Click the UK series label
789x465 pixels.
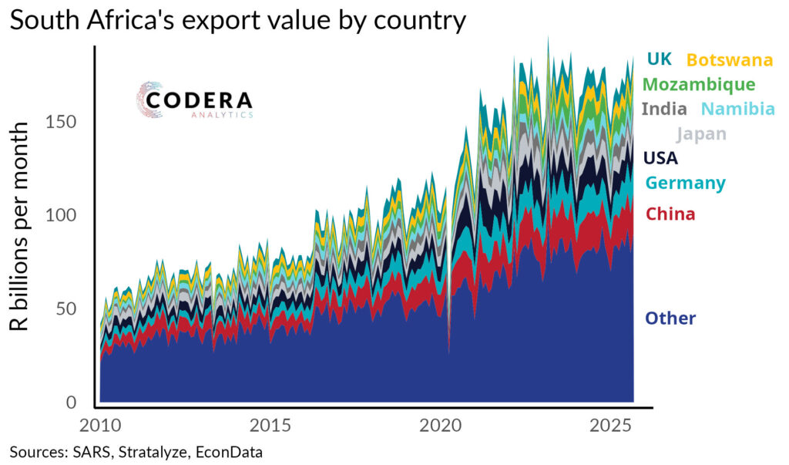[x=660, y=59]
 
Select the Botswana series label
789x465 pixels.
[x=729, y=59]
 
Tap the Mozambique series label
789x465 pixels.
[x=698, y=84]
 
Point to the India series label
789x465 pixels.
[x=663, y=109]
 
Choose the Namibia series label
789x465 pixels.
[x=738, y=110]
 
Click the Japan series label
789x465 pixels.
[x=701, y=134]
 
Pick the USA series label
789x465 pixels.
[x=661, y=159]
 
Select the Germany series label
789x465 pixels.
[x=685, y=184]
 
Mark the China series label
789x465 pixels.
[x=670, y=214]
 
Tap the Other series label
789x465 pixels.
[x=670, y=318]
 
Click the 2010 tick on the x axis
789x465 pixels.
[x=99, y=426]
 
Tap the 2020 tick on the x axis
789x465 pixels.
[x=441, y=426]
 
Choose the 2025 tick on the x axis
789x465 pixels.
[x=611, y=426]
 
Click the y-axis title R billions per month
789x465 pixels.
[x=21, y=225]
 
